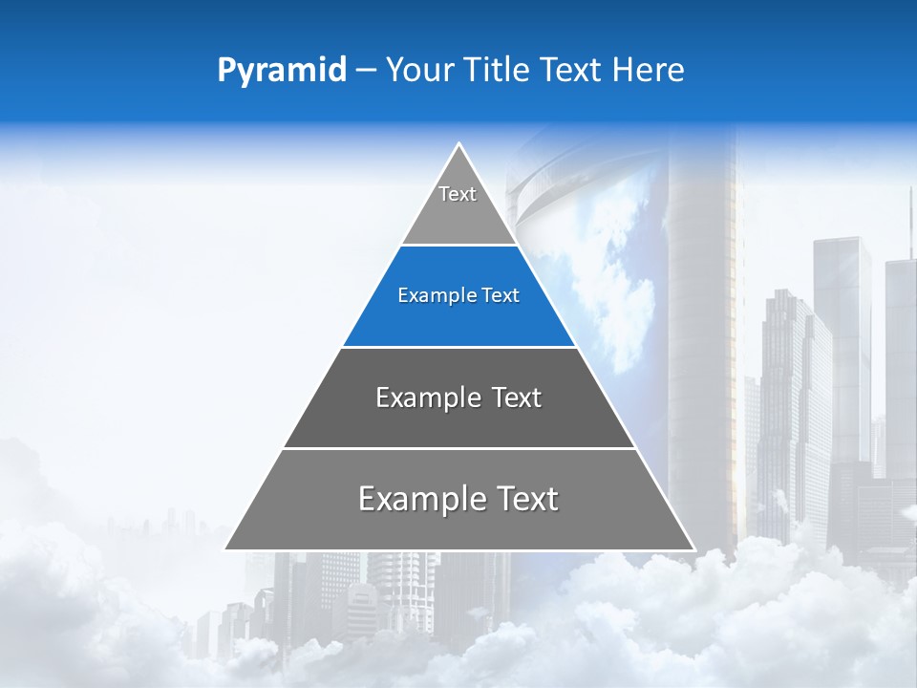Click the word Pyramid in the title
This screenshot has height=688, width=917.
pos(281,71)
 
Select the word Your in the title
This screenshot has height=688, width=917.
pos(417,71)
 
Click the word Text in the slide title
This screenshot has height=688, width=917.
pos(571,71)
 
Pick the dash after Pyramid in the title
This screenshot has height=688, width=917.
pos(366,71)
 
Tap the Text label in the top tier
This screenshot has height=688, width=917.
pos(458,194)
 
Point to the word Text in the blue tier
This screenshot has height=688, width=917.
pos(501,296)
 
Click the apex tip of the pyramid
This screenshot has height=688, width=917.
pos(459,145)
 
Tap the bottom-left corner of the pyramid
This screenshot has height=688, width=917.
pos(226,548)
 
